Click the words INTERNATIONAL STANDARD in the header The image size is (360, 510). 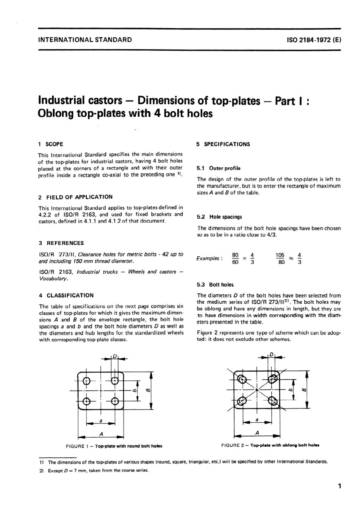coord(85,39)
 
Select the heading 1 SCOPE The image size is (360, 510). coord(51,144)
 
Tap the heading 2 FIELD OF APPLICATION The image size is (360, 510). coord(75,197)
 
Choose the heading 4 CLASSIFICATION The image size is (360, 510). coord(66,295)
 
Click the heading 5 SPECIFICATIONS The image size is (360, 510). coord(223,144)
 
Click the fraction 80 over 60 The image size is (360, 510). coord(235,259)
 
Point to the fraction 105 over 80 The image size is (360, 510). coord(280,259)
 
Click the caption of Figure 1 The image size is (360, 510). coord(114,446)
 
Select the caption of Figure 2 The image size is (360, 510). coord(270,445)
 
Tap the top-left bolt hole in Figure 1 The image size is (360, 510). coord(86,381)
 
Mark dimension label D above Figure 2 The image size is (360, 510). coord(271,355)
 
